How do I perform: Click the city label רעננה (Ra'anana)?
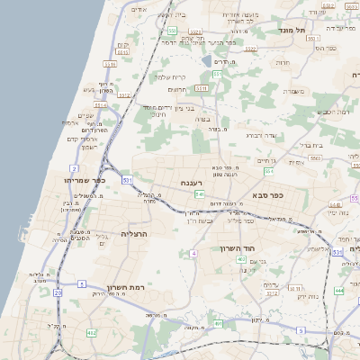[190, 183]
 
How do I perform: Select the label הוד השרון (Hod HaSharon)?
[238, 247]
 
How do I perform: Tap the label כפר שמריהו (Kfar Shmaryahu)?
[85, 180]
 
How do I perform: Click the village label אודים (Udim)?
[139, 9]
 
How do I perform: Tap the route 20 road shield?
[58, 292]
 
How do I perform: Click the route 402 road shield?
[90, 333]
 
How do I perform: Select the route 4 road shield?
[193, 254]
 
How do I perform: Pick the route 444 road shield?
[337, 290]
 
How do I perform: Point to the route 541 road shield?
[199, 193]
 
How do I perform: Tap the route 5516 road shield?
[111, 65]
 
